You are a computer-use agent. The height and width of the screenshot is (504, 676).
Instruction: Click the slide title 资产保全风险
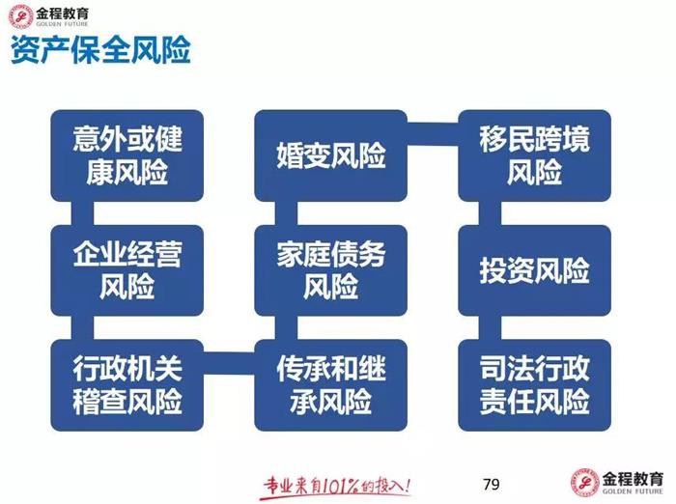[x=100, y=50]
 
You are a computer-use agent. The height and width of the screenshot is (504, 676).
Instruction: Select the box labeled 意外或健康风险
[x=127, y=155]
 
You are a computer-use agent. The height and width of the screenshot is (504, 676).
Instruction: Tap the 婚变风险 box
[x=331, y=155]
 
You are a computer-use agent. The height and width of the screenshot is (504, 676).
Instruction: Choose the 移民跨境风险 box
[x=534, y=155]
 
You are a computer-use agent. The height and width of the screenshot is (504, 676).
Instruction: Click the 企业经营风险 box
[x=127, y=270]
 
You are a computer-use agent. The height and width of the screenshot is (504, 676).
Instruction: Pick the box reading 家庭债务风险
[x=331, y=270]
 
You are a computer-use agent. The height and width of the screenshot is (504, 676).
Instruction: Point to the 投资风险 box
[x=534, y=270]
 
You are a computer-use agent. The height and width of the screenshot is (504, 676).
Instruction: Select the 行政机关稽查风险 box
[x=127, y=384]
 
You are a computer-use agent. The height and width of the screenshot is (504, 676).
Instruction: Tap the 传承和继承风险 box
[x=331, y=384]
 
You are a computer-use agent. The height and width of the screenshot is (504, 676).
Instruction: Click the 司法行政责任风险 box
[x=534, y=384]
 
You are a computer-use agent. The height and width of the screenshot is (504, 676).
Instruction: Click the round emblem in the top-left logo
[x=18, y=16]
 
